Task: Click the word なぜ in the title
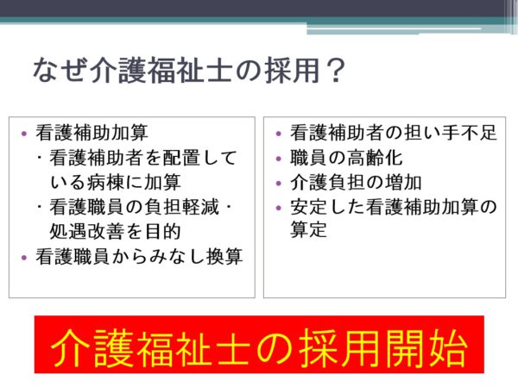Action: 60,70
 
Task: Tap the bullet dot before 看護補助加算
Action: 24,134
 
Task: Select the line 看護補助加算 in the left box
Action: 92,133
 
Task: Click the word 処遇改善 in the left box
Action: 86,231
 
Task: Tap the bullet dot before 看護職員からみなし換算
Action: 24,258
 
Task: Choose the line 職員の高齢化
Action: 346,158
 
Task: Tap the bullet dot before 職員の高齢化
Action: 279,159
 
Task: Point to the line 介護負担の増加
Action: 356,182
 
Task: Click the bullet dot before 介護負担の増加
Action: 279,184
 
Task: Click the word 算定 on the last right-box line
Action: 308,229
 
